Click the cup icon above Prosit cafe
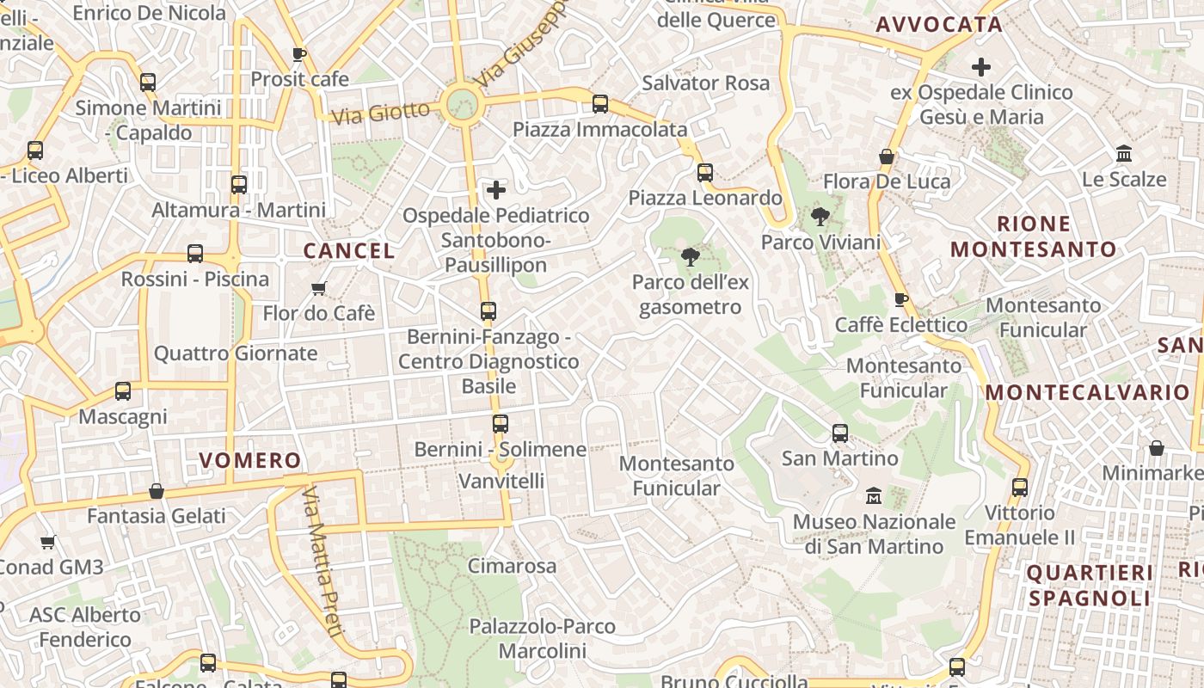tap(299, 54)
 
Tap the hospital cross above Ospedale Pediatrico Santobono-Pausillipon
tap(496, 189)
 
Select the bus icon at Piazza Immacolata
tap(600, 104)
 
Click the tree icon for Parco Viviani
tap(820, 217)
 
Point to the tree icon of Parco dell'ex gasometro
tap(690, 256)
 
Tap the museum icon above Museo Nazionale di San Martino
tap(874, 496)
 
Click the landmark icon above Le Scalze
tap(1123, 154)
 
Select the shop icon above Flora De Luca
tap(887, 157)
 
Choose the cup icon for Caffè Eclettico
tap(901, 299)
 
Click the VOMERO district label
tap(250, 460)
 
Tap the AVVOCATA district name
tap(939, 24)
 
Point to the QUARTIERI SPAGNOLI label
tap(1090, 585)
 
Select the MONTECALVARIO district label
tap(1087, 392)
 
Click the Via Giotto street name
tap(380, 113)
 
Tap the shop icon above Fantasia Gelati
tap(157, 491)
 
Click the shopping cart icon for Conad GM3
tap(48, 542)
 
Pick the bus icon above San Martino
tap(840, 433)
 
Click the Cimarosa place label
tap(512, 566)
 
